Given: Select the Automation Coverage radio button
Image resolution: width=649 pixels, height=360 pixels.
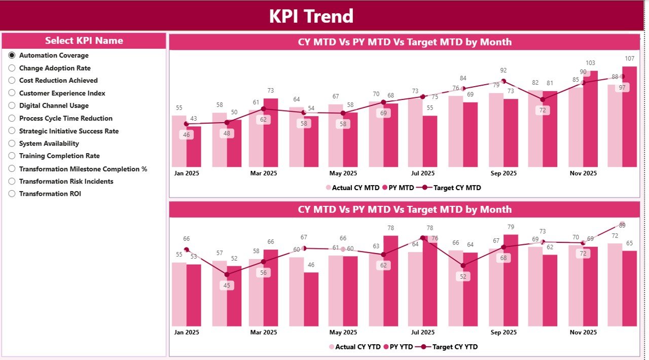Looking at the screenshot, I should click(x=12, y=55).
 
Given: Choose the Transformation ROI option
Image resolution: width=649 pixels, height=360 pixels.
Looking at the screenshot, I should click(x=12, y=194).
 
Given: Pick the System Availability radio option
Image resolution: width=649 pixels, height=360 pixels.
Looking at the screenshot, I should click(x=12, y=143).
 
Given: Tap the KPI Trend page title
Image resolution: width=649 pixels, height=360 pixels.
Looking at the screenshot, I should click(x=311, y=16).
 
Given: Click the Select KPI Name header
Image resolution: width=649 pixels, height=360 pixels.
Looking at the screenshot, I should click(x=84, y=41).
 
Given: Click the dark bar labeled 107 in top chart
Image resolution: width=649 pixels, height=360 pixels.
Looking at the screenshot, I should click(x=629, y=117).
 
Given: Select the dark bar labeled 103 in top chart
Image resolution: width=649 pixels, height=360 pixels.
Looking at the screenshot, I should click(x=590, y=119).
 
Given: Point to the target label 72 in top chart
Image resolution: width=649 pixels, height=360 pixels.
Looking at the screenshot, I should click(x=543, y=110).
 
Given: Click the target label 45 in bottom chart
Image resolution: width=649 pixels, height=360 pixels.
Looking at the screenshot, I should click(x=227, y=285).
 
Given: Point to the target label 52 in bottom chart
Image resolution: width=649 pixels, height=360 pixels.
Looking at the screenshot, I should click(x=462, y=276).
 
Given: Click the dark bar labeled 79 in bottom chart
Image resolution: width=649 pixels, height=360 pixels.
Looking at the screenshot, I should click(x=511, y=280).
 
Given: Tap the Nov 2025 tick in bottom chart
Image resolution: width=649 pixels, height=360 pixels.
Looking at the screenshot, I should click(x=583, y=332).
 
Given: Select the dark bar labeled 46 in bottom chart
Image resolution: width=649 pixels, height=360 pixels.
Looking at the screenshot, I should click(x=311, y=299).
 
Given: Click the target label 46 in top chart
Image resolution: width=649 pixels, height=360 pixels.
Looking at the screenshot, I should click(x=186, y=135).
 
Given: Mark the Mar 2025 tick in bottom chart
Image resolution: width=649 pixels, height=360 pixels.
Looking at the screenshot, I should click(x=263, y=332).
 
